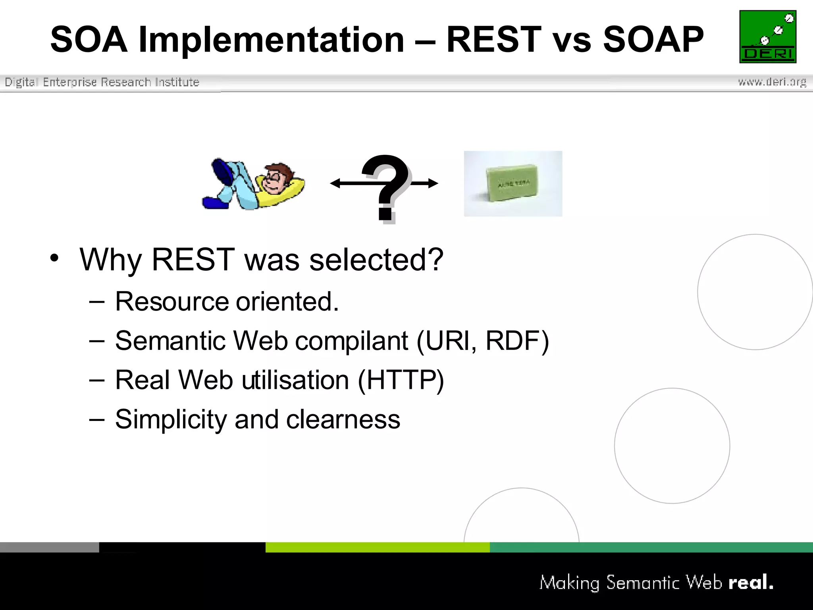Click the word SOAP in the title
(x=653, y=39)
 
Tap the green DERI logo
(x=768, y=37)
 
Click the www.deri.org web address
(x=772, y=82)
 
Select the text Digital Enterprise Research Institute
(x=102, y=82)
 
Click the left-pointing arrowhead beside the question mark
(x=336, y=183)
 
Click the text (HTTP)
(x=401, y=380)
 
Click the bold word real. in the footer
(x=751, y=583)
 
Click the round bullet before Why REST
(x=54, y=258)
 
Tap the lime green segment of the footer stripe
(x=377, y=547)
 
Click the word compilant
(x=351, y=341)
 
